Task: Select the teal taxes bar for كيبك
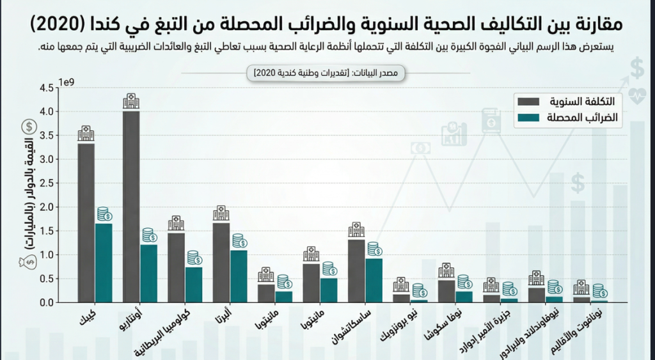pyautogui.click(x=104, y=262)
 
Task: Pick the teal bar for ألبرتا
pyautogui.click(x=239, y=276)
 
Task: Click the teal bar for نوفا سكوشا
pyautogui.click(x=464, y=297)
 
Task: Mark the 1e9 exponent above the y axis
pyautogui.click(x=67, y=82)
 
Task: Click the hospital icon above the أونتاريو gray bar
pyautogui.click(x=131, y=101)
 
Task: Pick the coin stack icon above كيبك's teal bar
pyautogui.click(x=104, y=214)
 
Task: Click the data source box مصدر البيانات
pyautogui.click(x=329, y=74)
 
